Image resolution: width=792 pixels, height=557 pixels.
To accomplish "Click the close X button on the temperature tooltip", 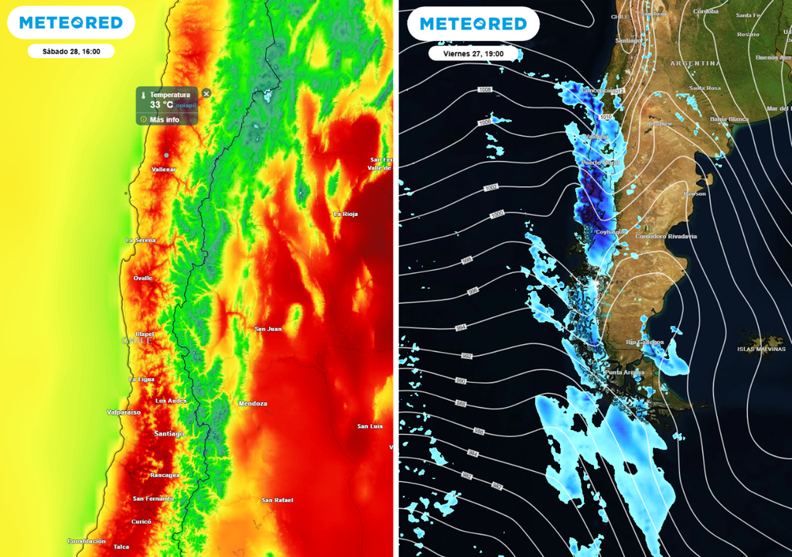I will point(206,93).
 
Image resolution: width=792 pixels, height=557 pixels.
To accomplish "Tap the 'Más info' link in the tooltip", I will point(164,120).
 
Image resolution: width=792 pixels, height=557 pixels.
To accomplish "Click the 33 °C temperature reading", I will point(162,104).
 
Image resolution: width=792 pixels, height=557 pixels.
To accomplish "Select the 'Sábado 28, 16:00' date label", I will point(71,51).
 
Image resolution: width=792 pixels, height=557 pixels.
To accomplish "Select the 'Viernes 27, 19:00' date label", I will point(474,53).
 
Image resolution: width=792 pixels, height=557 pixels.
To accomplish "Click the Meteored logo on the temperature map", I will point(71,23).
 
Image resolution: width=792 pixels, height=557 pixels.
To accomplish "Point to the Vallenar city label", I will point(163,169).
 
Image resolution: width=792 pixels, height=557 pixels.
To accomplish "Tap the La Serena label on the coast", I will point(141,241).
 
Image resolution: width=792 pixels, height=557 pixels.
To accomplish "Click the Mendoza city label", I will point(253,404).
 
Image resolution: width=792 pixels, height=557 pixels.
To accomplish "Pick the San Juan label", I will point(268,329).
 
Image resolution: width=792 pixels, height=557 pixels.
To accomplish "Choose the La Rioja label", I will point(345,214).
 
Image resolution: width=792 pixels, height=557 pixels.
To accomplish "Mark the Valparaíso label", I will point(124,412).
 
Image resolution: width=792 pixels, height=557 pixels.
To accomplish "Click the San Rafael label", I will point(277,500).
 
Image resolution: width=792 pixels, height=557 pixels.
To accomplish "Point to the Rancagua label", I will point(165,475).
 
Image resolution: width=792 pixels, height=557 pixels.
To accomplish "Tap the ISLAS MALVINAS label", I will point(762,350).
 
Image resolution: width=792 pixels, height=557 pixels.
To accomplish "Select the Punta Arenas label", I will point(625,373).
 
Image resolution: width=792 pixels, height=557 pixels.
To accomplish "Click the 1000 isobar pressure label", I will point(497,214).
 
